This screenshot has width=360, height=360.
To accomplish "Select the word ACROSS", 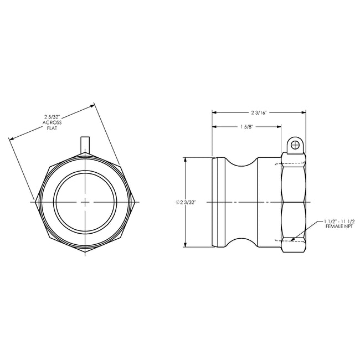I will [53, 122].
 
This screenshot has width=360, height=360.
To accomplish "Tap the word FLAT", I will [53, 128].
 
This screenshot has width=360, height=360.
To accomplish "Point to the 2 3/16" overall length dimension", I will [259, 112].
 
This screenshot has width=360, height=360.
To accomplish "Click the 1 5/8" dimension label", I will [248, 126].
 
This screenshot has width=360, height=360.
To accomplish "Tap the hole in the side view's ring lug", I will [295, 145].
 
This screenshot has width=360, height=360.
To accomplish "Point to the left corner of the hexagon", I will [35, 203].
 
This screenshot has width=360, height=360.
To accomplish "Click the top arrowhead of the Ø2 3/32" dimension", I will [187, 159].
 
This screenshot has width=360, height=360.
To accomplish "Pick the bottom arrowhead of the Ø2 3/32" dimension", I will [187, 246].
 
